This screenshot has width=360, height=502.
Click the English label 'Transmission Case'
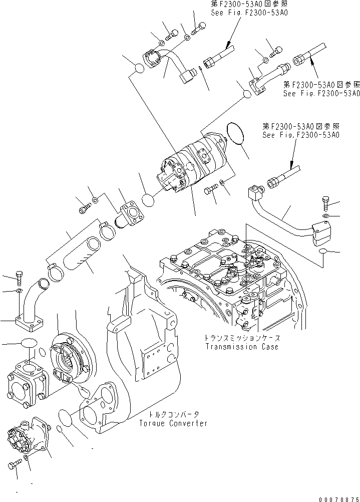coord(241,347)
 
